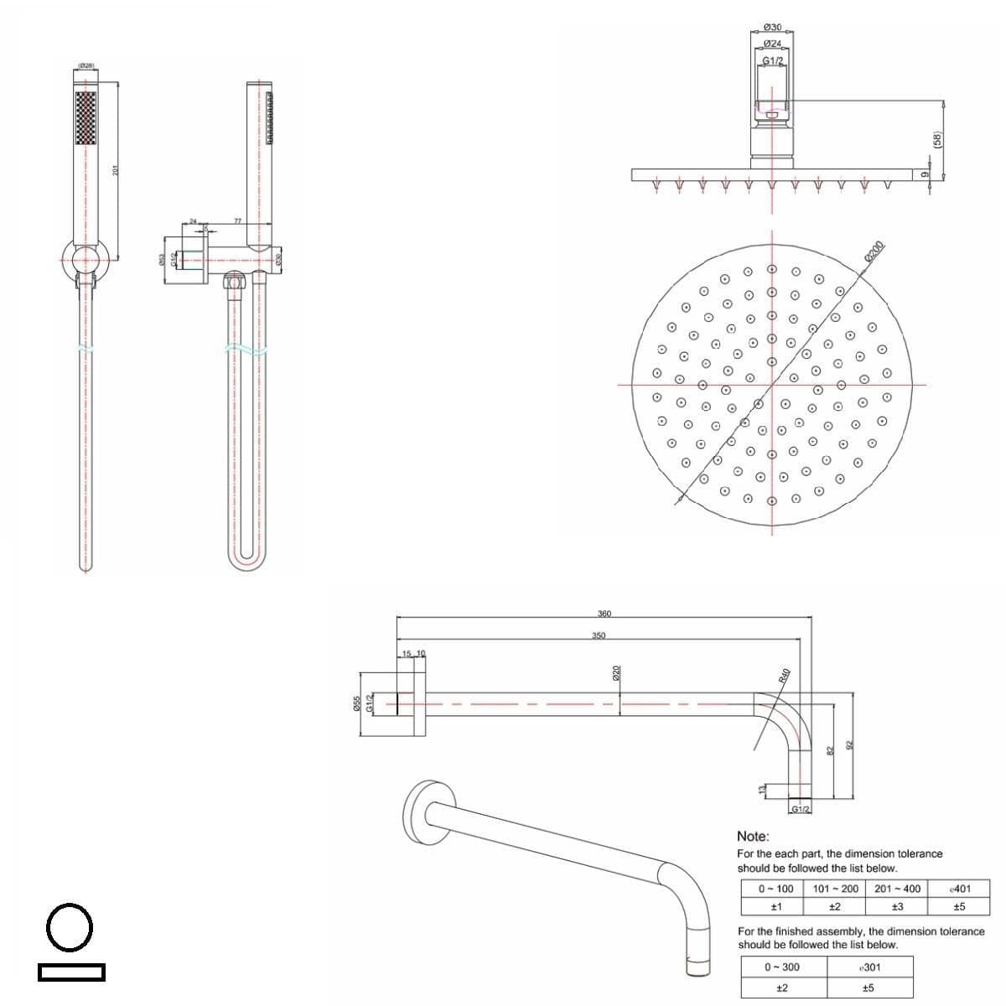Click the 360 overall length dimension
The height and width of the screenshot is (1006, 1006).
click(x=604, y=614)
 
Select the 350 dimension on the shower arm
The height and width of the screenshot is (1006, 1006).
click(x=598, y=635)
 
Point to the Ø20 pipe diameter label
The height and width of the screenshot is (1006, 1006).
click(x=616, y=673)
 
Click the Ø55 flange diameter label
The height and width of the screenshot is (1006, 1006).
click(x=356, y=703)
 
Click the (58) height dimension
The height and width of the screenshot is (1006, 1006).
click(x=938, y=140)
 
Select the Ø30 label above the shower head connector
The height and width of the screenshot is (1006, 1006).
click(x=773, y=28)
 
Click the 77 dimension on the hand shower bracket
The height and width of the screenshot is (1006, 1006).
click(x=237, y=221)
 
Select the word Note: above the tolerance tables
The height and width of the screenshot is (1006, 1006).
click(x=752, y=836)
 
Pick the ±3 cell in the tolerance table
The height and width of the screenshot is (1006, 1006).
click(x=897, y=906)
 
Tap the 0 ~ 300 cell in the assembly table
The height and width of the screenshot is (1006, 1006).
click(x=781, y=967)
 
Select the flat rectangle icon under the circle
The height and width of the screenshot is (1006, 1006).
click(x=71, y=972)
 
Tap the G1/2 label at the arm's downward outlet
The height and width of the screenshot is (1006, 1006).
click(x=801, y=809)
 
